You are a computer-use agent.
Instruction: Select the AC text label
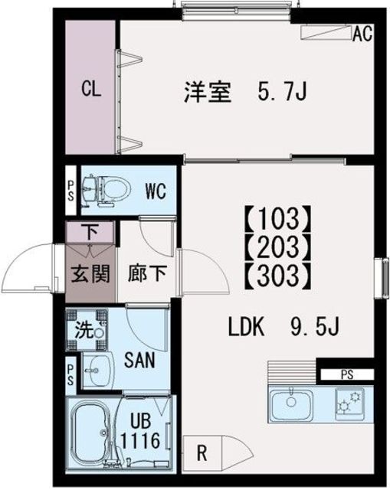point(362,33)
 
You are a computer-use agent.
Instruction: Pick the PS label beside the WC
point(70,188)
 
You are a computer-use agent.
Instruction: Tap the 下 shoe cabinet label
point(90,229)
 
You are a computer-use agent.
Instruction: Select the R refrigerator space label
point(202,453)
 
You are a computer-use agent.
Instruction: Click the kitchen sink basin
point(290,401)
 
